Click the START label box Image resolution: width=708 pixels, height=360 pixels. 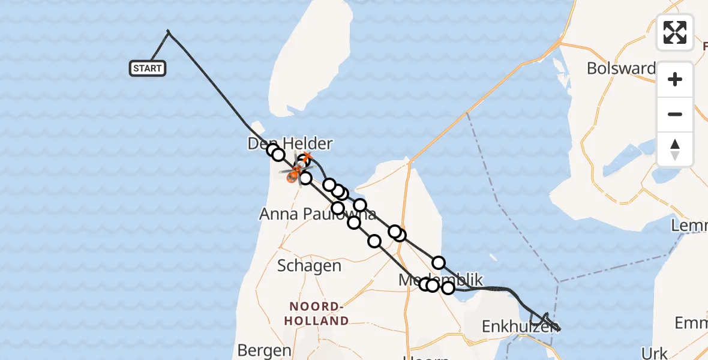click(148, 68)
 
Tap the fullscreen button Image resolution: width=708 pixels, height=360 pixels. click(675, 32)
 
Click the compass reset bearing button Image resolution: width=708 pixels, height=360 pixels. click(675, 149)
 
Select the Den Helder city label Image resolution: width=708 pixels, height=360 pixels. click(290, 143)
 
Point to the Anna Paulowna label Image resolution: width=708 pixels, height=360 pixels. click(317, 214)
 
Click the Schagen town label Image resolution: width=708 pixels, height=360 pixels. click(309, 266)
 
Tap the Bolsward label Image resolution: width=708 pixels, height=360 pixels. click(621, 68)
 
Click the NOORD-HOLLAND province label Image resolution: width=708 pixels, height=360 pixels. click(317, 314)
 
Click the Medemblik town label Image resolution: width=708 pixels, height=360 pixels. click(441, 280)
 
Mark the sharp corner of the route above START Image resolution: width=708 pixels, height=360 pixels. click(168, 31)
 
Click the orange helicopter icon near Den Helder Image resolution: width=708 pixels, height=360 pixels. click(294, 175)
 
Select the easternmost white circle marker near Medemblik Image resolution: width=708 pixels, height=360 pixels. click(448, 288)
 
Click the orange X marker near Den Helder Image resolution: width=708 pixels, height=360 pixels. click(307, 158)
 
